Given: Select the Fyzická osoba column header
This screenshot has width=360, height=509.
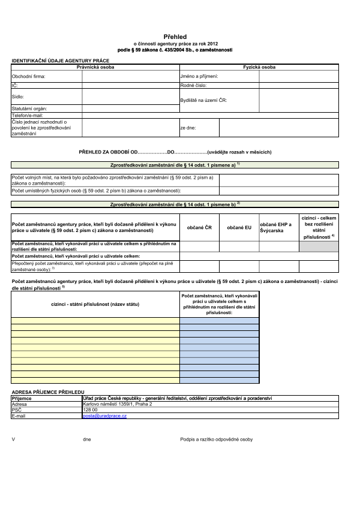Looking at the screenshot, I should [259, 67].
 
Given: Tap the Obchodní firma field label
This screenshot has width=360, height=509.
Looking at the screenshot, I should [29, 77].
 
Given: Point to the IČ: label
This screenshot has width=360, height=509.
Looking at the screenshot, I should [15, 86].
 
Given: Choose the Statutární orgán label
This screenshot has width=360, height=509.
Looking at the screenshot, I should [29, 108].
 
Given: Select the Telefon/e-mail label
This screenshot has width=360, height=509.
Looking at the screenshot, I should [28, 115].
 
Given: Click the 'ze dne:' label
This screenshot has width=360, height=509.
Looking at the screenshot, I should [188, 128].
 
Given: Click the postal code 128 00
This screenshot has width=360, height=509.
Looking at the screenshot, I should [90, 409].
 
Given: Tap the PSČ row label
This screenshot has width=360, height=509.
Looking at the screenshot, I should [17, 409].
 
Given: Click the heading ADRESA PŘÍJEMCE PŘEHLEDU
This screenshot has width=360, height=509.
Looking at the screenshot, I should [48, 391].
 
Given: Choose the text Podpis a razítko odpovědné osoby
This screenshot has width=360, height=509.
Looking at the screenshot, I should [217, 439].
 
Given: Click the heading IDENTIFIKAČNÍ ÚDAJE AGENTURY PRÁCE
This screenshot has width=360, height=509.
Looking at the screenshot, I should [61, 61].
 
